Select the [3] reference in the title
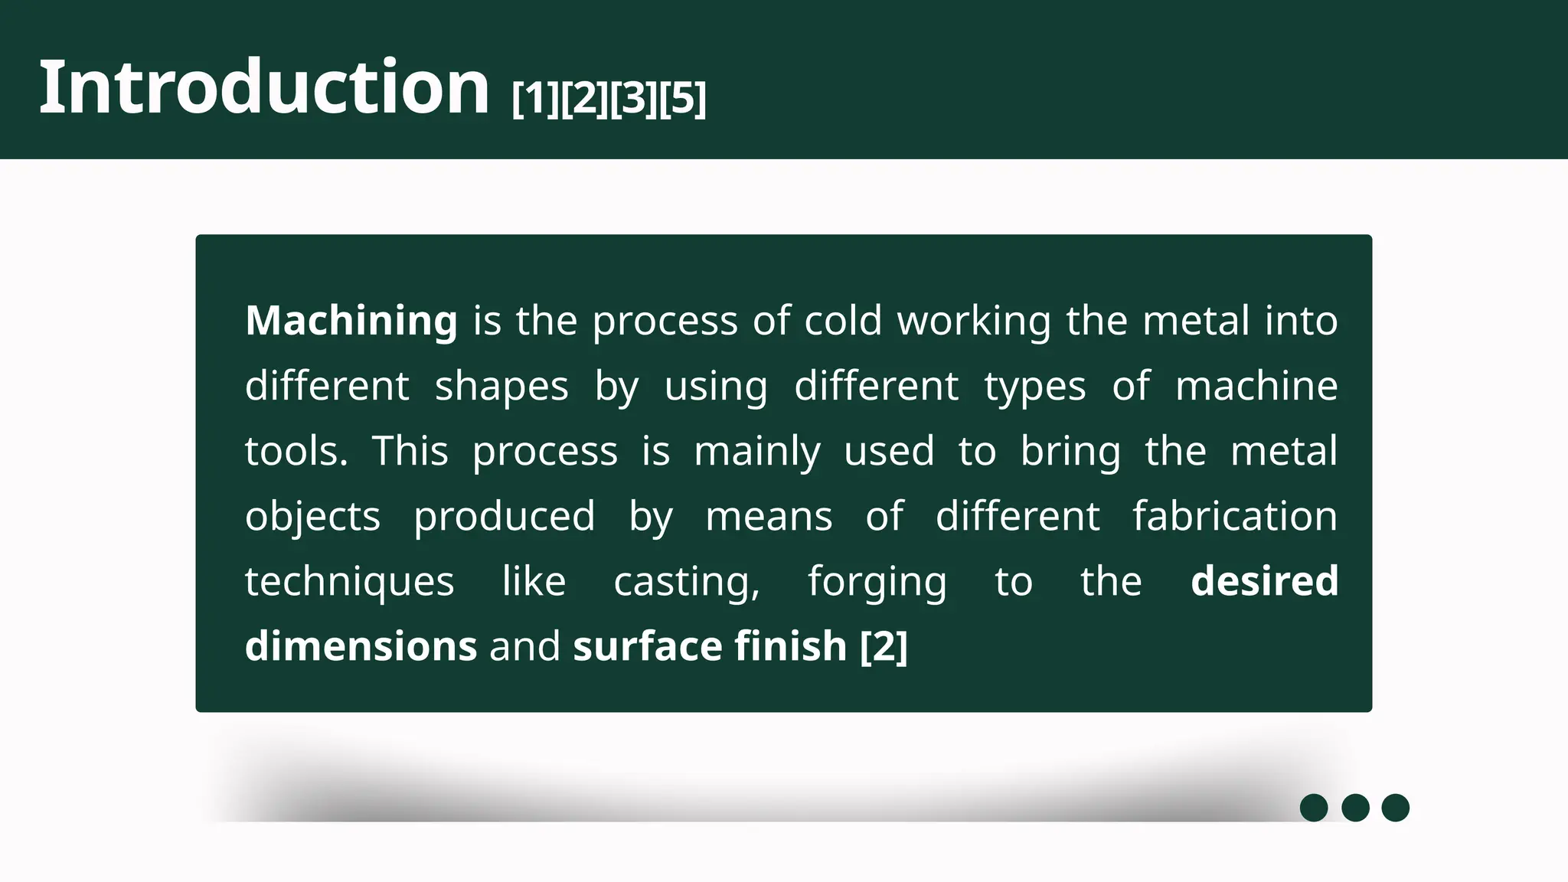click(x=634, y=99)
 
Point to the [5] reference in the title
click(x=683, y=99)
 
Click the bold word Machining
click(x=351, y=321)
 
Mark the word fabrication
click(x=1235, y=516)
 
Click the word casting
click(x=687, y=583)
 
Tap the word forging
click(x=877, y=583)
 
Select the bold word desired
click(x=1265, y=581)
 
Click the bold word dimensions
click(x=361, y=646)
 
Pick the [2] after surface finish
click(x=884, y=646)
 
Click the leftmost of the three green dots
click(x=1314, y=808)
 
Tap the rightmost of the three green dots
click(x=1395, y=808)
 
